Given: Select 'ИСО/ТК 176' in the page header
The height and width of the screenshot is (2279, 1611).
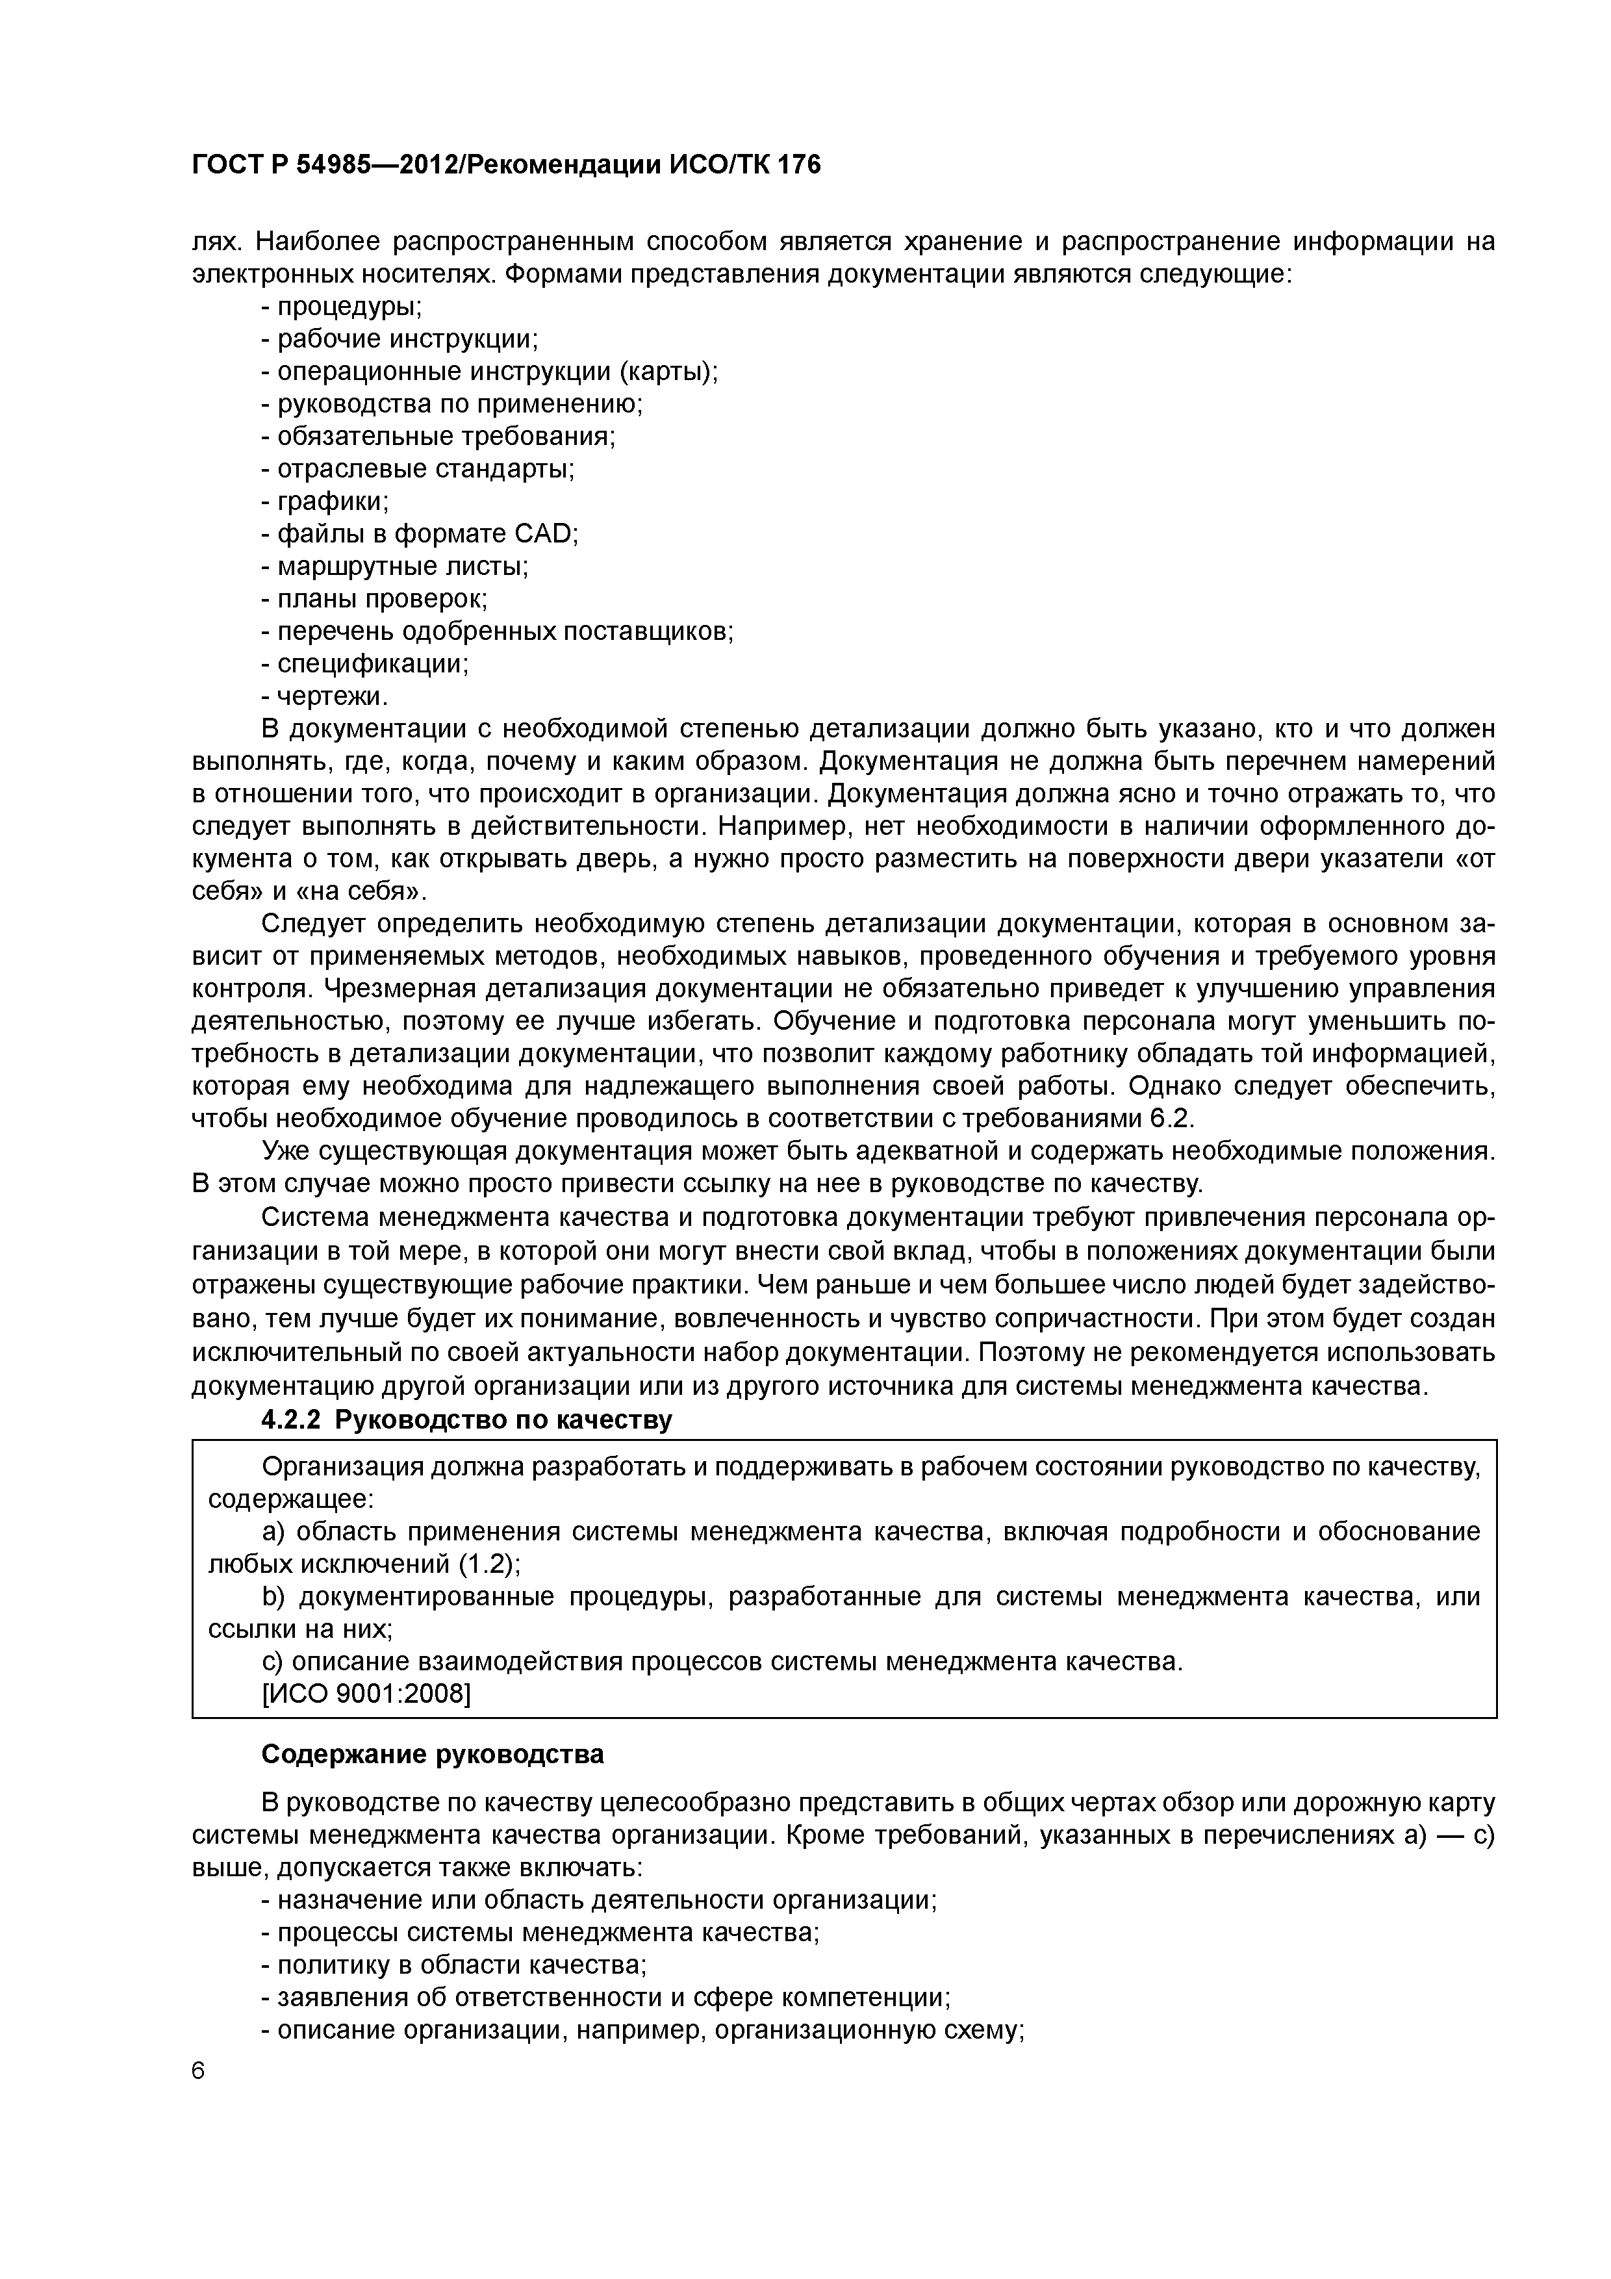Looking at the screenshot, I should click(x=741, y=166).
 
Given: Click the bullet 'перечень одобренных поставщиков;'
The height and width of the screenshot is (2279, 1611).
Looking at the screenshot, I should click(x=504, y=631).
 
